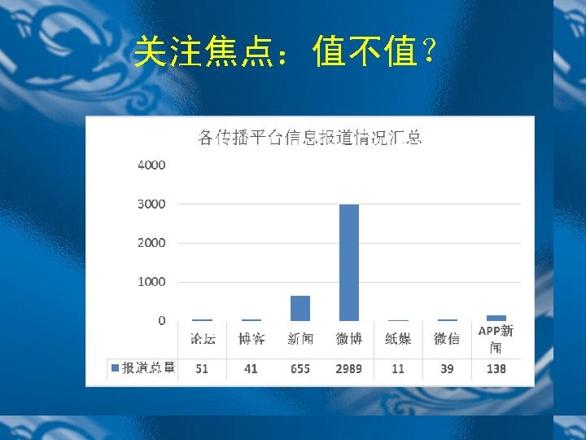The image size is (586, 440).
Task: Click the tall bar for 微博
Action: point(348,262)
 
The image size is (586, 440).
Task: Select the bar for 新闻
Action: point(300,308)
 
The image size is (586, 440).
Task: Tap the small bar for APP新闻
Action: point(496,318)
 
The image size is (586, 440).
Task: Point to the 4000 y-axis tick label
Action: point(151,165)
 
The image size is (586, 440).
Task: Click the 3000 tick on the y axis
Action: point(151,205)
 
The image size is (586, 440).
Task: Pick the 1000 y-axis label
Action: point(151,282)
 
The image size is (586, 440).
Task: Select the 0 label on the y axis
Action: point(161,321)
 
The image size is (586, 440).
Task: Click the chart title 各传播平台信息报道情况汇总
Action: point(310,138)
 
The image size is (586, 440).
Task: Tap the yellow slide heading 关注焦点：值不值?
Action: point(285,51)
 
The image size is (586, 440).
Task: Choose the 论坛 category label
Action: point(203,339)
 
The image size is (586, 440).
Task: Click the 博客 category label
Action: point(251,339)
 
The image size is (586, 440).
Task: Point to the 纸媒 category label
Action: point(398,339)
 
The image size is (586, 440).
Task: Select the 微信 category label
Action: point(447,339)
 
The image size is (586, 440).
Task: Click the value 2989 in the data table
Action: point(348,369)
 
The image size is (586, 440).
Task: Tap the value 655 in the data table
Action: point(300,369)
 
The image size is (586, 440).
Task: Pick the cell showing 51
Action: point(202,369)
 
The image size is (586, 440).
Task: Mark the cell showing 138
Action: point(496,369)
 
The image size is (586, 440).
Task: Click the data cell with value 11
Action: point(398,369)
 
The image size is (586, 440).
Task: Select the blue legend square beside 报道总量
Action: point(116,368)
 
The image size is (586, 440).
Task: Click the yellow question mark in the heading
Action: point(429,51)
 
